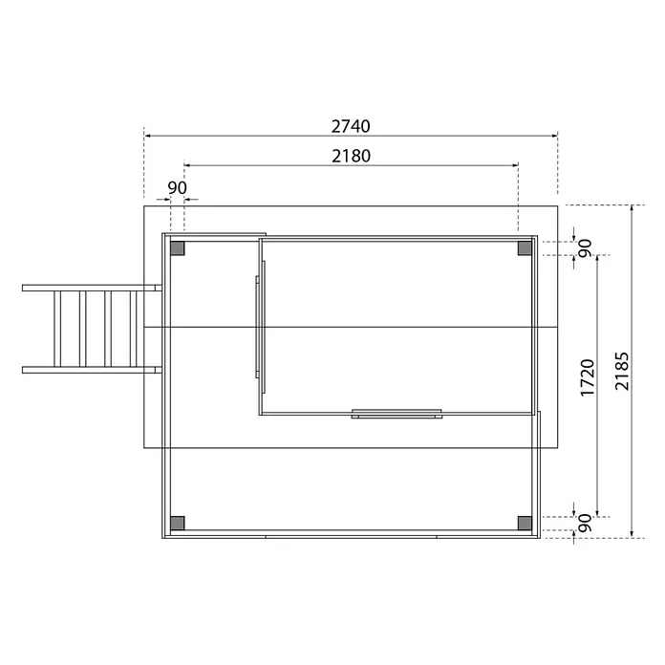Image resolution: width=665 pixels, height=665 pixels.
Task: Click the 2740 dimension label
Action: (351, 126)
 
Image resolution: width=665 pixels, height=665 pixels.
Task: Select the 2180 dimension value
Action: (351, 156)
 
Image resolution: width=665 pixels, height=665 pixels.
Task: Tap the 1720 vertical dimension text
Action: (588, 377)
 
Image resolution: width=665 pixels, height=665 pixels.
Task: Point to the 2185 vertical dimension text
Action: (622, 371)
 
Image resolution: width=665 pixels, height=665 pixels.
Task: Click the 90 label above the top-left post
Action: (177, 188)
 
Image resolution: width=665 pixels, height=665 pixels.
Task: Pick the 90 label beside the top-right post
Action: (585, 248)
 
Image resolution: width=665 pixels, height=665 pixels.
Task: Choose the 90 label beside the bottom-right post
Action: (585, 523)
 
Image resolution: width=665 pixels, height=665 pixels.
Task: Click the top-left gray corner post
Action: (178, 248)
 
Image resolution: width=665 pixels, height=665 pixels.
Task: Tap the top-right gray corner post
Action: (525, 248)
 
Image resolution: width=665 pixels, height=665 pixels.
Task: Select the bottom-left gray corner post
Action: (178, 524)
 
